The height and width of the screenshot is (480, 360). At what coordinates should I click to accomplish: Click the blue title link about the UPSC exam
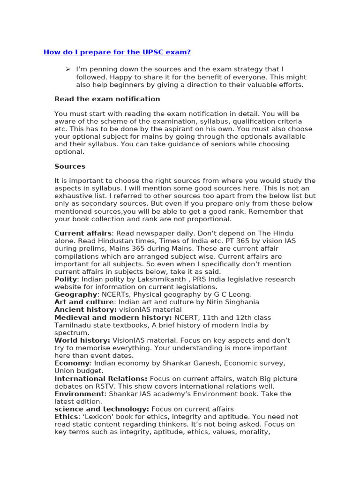pyautogui.click(x=117, y=52)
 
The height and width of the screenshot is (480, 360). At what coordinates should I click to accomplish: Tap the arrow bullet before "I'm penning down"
pyautogui.click(x=67, y=69)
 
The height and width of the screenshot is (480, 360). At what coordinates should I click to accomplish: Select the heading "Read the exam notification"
pyautogui.click(x=107, y=99)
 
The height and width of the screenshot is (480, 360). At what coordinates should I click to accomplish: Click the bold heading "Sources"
pyautogui.click(x=70, y=166)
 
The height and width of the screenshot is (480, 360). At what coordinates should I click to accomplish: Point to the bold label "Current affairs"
pyautogui.click(x=83, y=233)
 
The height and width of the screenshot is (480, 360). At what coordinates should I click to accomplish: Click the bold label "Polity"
pyautogui.click(x=66, y=279)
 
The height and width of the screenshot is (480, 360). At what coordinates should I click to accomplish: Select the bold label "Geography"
pyautogui.click(x=75, y=294)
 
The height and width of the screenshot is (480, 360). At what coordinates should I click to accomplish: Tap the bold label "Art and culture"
pyautogui.click(x=83, y=302)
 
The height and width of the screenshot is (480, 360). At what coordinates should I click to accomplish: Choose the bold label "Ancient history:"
pyautogui.click(x=85, y=310)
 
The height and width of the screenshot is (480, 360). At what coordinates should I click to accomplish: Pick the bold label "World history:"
pyautogui.click(x=82, y=340)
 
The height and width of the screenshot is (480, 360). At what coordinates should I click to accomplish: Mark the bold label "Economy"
pyautogui.click(x=72, y=363)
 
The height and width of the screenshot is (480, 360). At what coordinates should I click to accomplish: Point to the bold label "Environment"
pyautogui.click(x=79, y=394)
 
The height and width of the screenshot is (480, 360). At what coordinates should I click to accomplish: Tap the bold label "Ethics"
pyautogui.click(x=66, y=417)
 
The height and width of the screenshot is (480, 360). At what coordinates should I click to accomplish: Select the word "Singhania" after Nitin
pyautogui.click(x=242, y=302)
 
